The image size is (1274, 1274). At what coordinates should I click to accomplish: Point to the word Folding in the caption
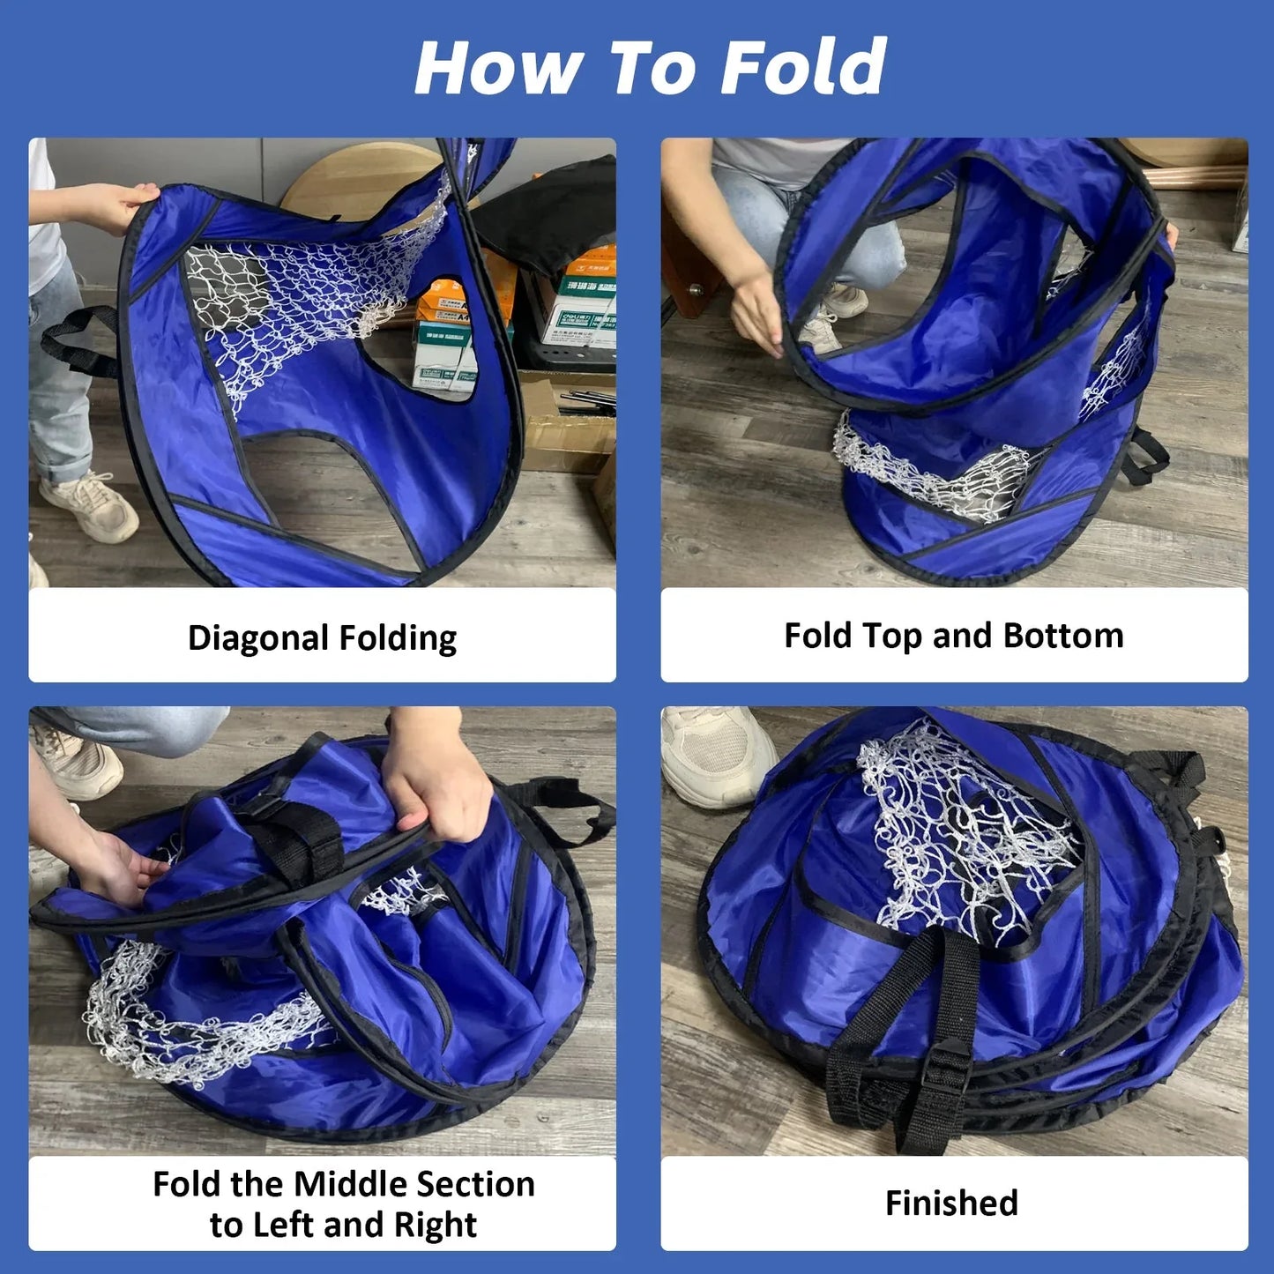[398, 639]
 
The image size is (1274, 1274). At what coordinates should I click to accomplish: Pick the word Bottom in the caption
[1063, 636]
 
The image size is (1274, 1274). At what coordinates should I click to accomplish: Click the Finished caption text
[951, 1203]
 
